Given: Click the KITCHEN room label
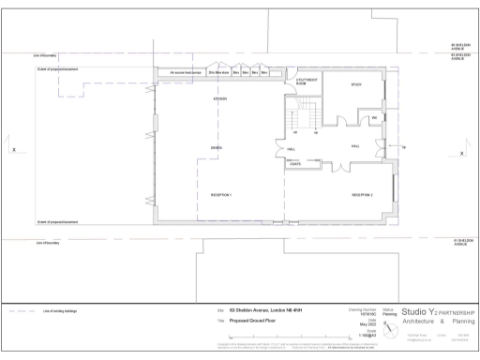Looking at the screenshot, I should [221, 98].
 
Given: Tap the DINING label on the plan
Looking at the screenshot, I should [217, 148].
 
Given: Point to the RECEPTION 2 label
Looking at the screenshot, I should [363, 195].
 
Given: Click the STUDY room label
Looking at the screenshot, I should [356, 85].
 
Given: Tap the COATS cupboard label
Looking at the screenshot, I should [294, 165].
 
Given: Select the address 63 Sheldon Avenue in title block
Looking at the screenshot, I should [265, 309].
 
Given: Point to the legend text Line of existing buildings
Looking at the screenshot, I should [62, 310].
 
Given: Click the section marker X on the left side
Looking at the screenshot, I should [13, 152].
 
